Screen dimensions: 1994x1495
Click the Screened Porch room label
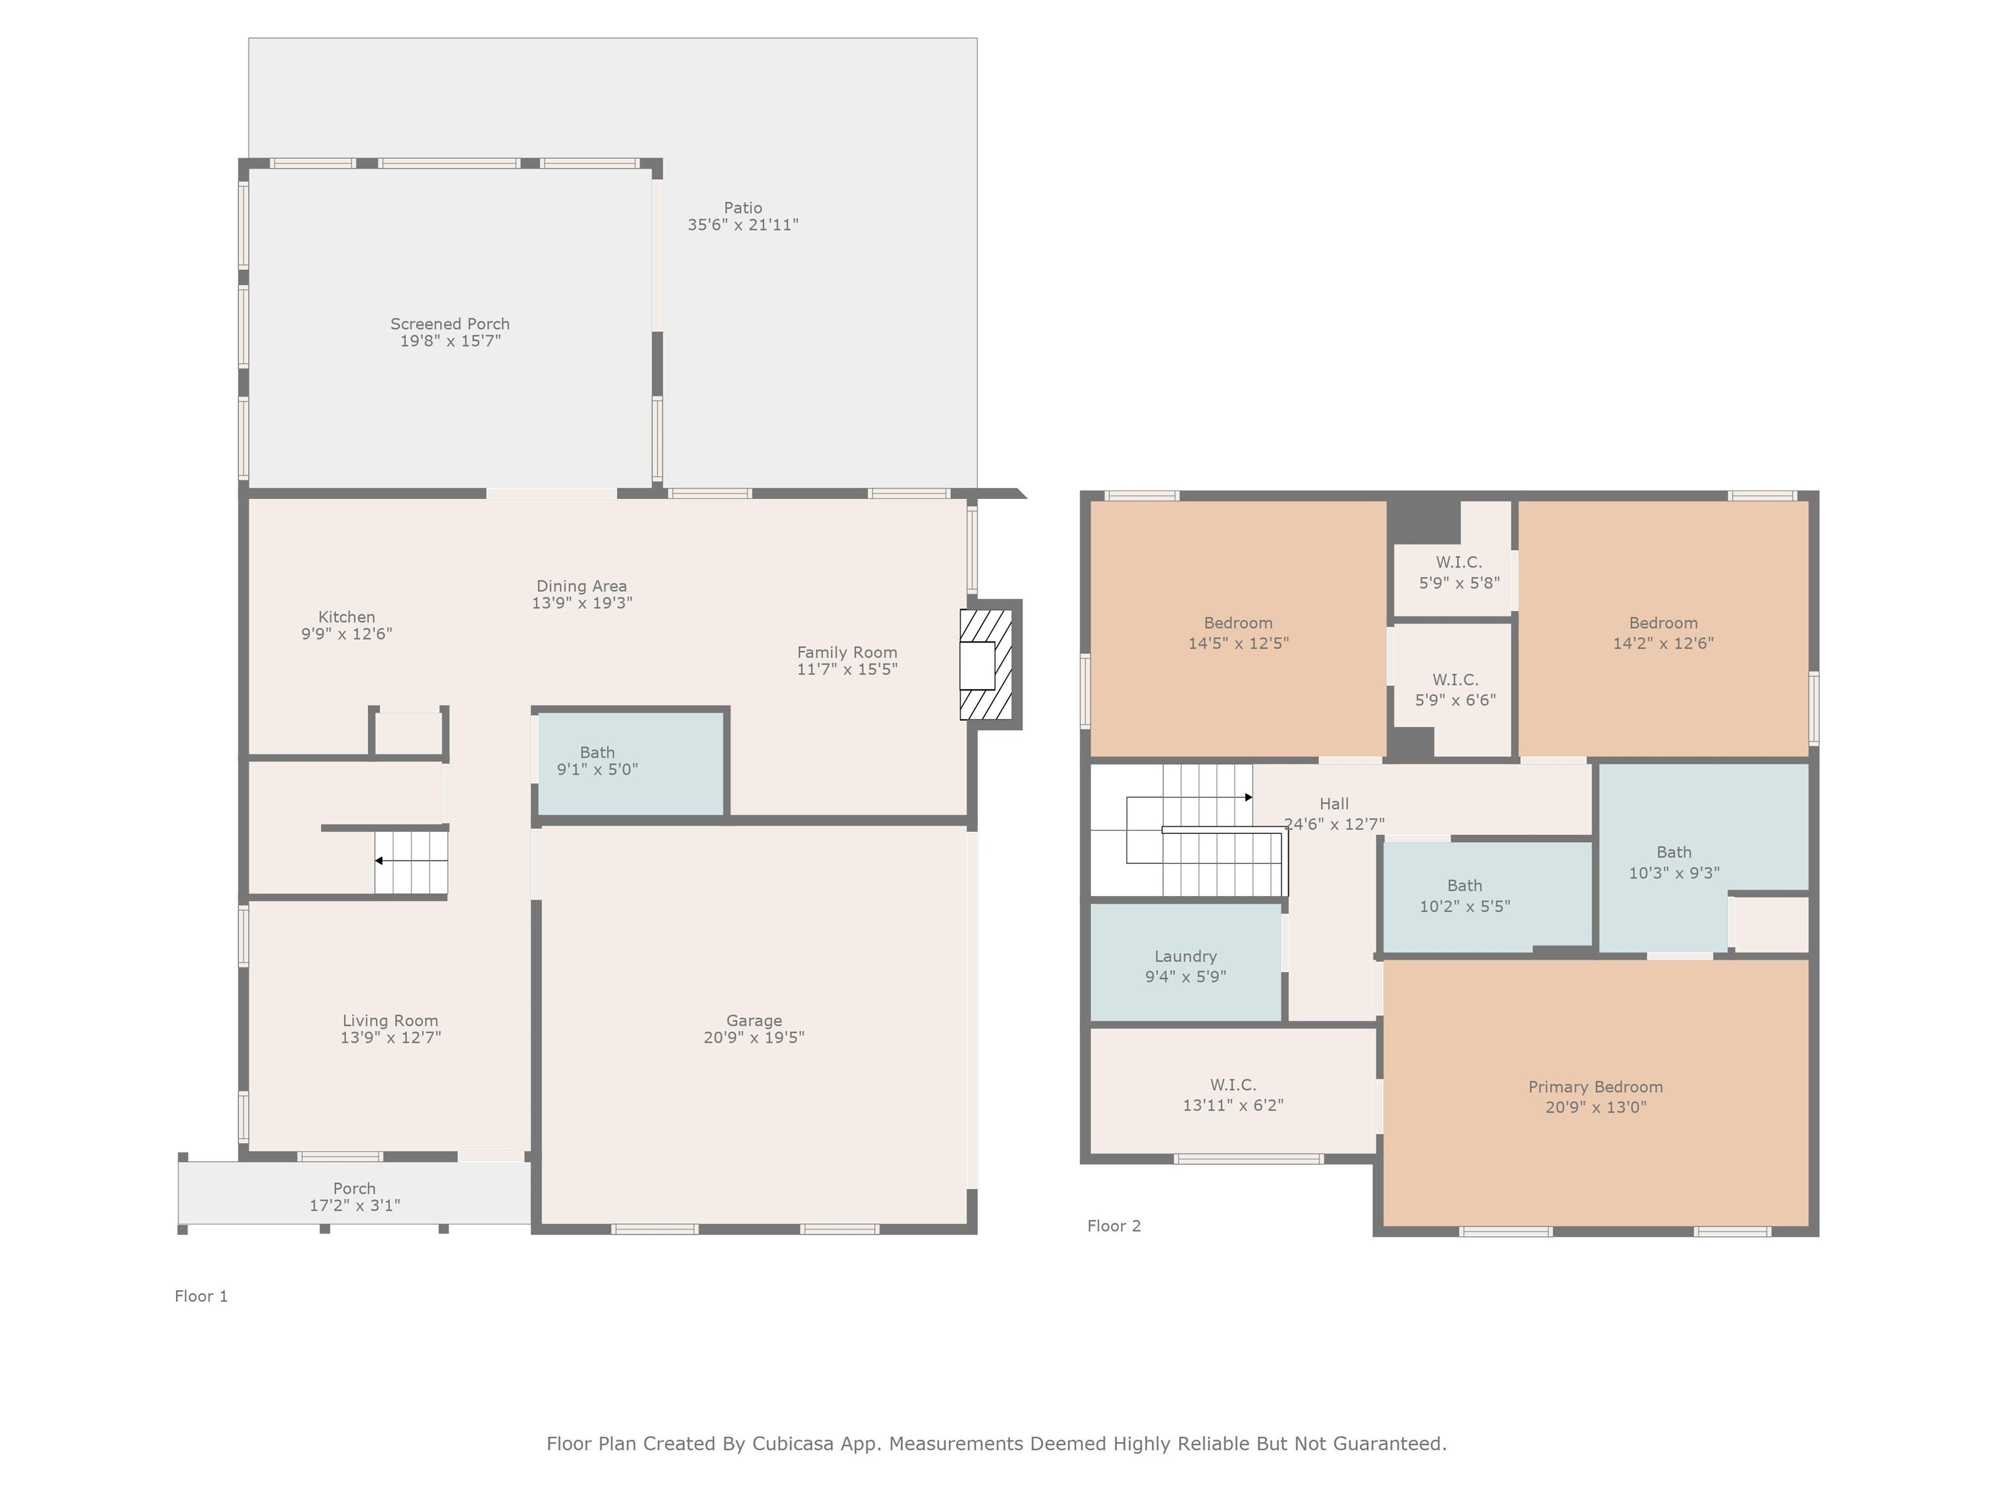(450, 324)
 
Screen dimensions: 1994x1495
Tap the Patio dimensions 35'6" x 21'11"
(743, 225)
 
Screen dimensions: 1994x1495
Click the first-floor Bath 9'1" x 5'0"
(631, 763)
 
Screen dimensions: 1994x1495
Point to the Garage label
(754, 1020)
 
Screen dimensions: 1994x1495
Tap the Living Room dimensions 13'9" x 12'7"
(390, 1037)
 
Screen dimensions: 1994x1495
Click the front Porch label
(354, 1189)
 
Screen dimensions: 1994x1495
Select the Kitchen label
(346, 616)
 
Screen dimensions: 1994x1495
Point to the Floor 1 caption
(201, 1296)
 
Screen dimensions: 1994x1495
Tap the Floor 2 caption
(1114, 1226)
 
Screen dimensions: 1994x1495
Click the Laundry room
(1185, 962)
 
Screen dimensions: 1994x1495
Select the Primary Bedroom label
(1595, 1087)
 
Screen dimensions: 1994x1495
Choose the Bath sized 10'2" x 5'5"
(1488, 895)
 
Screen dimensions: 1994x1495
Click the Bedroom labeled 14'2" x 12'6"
(1663, 629)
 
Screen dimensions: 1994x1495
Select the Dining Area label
(582, 586)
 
